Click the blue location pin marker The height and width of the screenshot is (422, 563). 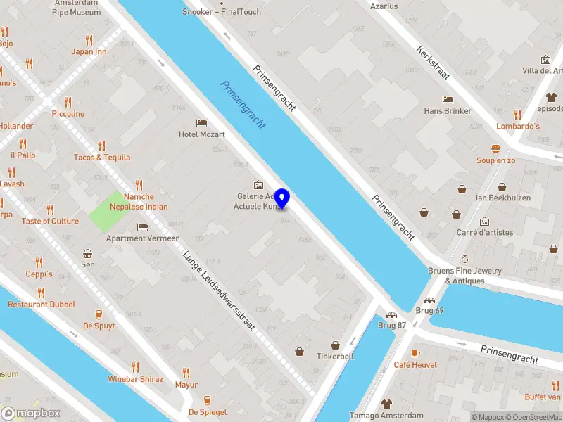[282, 199]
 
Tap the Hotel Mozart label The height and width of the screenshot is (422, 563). [202, 134]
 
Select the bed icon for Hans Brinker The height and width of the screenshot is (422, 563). [447, 99]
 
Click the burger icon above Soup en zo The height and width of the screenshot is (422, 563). [496, 148]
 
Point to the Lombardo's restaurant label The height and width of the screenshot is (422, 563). [518, 126]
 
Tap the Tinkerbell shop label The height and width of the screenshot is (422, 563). [336, 356]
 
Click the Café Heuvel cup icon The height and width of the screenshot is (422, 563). [415, 353]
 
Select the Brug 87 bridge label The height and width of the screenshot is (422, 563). [392, 325]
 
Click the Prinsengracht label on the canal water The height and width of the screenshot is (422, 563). [243, 104]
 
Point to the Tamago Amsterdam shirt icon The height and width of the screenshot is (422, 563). [386, 404]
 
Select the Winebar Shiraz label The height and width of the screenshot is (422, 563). [135, 379]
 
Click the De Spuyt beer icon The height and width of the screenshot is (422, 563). [99, 314]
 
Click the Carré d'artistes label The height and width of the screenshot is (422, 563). [485, 232]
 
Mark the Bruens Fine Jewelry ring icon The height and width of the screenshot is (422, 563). [464, 260]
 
